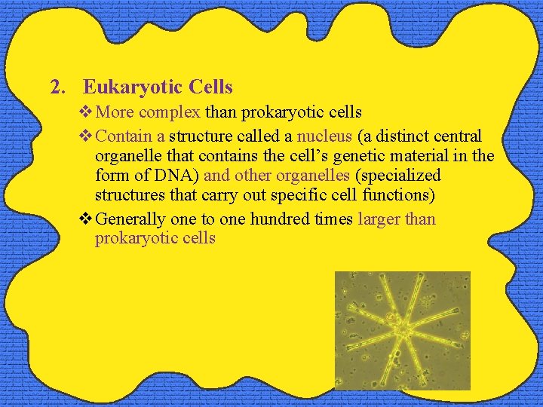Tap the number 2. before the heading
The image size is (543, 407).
pyautogui.click(x=57, y=87)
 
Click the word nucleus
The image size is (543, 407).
pyautogui.click(x=324, y=136)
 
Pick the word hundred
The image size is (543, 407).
pyautogui.click(x=279, y=219)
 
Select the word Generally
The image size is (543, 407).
pyautogui.click(x=131, y=219)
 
